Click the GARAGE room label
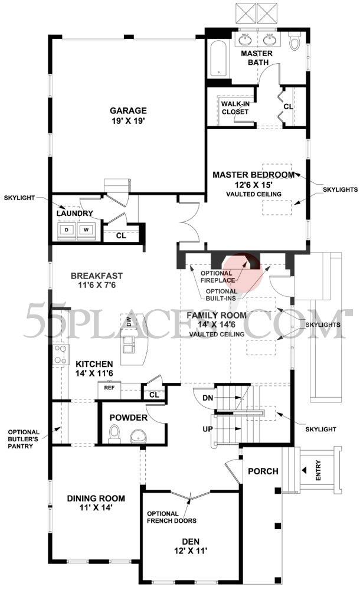coord(127,110)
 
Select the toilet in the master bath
coord(295,41)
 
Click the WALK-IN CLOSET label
coord(235,107)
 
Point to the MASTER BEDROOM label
coord(253,175)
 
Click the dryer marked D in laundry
coord(66,230)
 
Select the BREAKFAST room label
coord(97,276)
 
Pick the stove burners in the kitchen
coord(60,355)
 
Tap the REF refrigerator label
coord(109,388)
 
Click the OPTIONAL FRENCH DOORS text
coord(172,517)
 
